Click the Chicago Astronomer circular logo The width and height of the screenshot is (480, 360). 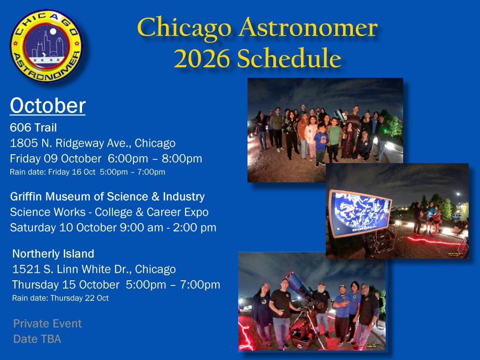tap(46, 45)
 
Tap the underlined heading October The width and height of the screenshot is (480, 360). tap(48, 106)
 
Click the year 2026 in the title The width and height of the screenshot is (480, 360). tap(202, 58)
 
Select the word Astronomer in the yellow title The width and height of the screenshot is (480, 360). tap(308, 28)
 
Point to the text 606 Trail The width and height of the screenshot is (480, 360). tap(33, 127)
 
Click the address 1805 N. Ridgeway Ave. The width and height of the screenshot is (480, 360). tap(71, 143)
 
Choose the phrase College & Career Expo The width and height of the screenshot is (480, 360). tap(151, 212)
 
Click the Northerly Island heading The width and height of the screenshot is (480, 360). tap(53, 254)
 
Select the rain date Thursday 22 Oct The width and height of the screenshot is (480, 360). tap(79, 298)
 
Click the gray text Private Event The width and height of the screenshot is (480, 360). tap(47, 323)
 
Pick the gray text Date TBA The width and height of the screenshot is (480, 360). tap(37, 339)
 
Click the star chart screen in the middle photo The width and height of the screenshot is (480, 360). tap(360, 213)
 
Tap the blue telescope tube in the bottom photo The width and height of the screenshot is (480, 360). tap(299, 284)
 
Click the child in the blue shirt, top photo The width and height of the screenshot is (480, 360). tap(321, 144)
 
